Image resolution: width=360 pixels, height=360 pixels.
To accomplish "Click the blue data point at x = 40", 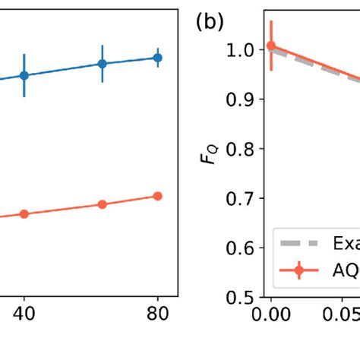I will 24,75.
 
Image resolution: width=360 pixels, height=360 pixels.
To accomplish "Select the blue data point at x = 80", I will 157,57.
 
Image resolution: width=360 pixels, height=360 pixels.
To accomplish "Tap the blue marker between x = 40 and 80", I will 102,64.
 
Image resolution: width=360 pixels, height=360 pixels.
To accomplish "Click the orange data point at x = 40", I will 24,214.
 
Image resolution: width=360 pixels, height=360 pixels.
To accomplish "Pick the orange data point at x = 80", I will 157,196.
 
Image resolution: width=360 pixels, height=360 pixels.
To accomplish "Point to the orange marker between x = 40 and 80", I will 102,204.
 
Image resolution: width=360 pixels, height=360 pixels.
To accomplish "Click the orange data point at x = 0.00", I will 271,46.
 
